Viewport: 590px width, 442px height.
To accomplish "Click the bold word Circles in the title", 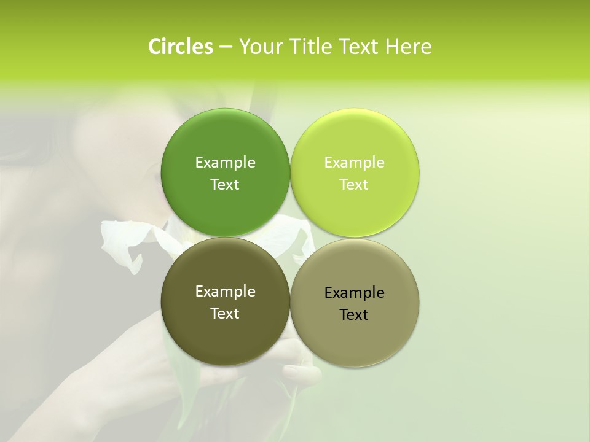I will [180, 47].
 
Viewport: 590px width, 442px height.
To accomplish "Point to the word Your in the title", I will [260, 47].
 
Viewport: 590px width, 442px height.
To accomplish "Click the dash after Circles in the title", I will [225, 47].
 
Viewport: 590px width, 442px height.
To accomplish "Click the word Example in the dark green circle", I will [225, 162].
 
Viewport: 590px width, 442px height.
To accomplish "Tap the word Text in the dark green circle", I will [225, 184].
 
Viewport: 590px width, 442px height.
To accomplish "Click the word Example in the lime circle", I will [354, 162].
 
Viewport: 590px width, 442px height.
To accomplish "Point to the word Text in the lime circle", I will [354, 184].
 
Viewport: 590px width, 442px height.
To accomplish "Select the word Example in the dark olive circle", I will [225, 291].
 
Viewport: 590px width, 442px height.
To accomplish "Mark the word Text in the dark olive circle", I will [225, 313].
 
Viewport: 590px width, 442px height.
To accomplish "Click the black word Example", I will [354, 292].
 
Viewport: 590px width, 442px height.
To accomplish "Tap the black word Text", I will [354, 314].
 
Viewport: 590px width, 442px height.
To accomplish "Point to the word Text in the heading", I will [359, 47].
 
